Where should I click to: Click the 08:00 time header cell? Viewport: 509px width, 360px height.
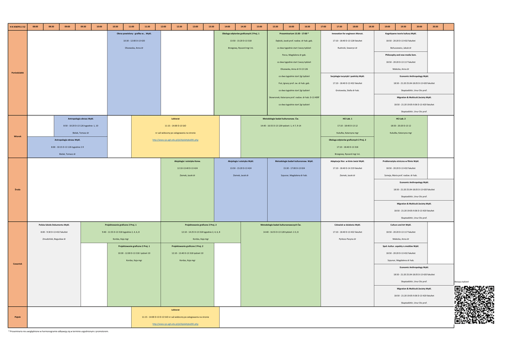coord(35,27)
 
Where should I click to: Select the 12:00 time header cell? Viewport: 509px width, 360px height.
coord(163,27)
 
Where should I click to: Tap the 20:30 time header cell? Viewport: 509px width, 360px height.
coord(435,27)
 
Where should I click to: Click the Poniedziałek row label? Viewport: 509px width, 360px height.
coord(18,73)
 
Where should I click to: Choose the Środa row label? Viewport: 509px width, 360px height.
coord(18,189)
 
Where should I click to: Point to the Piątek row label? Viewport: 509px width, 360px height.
coord(18,317)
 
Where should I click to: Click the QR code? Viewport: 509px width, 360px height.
coord(474,305)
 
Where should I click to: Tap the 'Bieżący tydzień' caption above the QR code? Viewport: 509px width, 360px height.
coord(462,282)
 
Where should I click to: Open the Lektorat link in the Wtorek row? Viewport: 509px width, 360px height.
coord(175,140)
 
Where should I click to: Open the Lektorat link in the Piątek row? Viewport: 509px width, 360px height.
coord(175,324)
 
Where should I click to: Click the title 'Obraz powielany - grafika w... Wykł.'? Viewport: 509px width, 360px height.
coord(134,34)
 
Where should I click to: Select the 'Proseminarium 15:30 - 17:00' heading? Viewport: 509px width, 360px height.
coord(294,34)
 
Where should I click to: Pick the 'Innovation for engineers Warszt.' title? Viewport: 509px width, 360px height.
coord(347,34)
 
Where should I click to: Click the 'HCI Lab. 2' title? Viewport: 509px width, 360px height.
coord(401,119)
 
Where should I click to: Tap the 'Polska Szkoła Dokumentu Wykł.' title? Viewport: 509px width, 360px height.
coord(54,225)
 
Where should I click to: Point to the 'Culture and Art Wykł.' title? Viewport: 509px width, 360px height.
coord(401,225)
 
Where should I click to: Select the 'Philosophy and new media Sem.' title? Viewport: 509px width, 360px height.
coord(401,55)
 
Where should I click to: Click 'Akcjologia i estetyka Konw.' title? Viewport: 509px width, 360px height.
coord(187,161)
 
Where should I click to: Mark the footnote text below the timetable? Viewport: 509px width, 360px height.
coord(58,331)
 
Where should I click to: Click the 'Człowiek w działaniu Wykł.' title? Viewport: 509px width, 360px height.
coord(347,225)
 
